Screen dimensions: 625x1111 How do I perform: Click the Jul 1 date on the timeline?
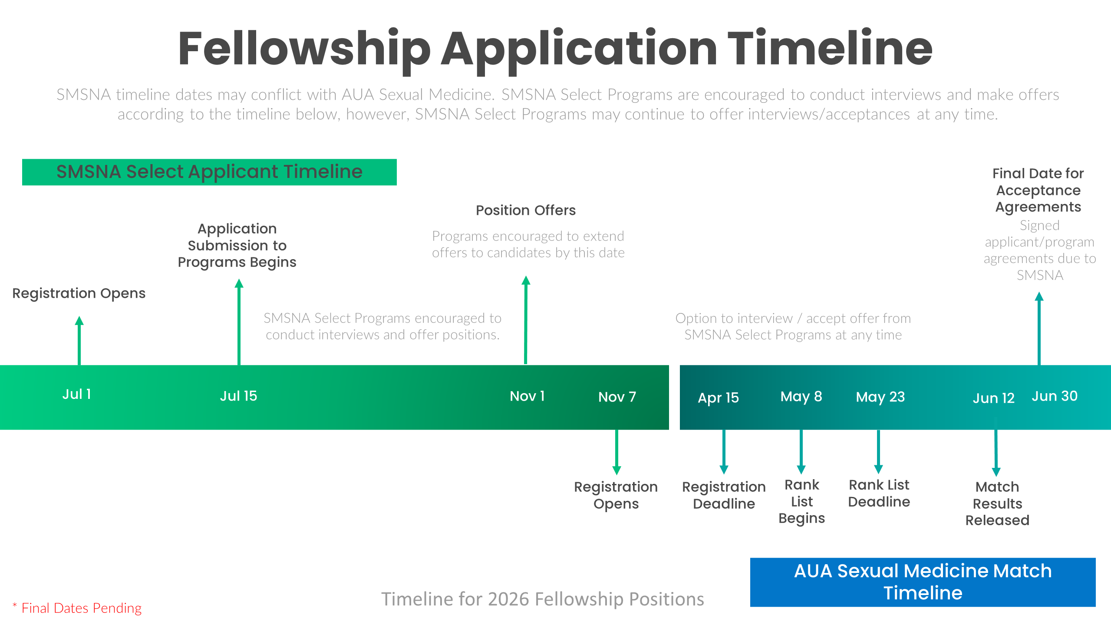pos(77,394)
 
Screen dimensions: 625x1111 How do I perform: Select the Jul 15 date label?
pos(238,396)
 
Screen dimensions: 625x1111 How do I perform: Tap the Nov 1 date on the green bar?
pos(527,396)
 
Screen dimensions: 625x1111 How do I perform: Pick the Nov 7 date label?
pos(617,397)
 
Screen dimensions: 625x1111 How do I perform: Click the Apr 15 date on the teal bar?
pos(718,398)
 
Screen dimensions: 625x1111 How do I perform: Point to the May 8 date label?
pos(801,396)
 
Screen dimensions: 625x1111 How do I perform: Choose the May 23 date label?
pos(880,397)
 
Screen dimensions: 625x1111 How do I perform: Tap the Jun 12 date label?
pos(993,398)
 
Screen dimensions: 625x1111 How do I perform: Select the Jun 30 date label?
pos(1055,396)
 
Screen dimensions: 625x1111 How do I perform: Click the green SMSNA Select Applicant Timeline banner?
pos(209,172)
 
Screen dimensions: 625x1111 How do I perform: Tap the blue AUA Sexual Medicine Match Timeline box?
pos(923,582)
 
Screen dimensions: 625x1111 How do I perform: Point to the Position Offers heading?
pos(525,210)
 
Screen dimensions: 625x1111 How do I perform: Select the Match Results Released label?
pos(997,503)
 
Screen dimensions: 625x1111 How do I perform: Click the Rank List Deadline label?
pos(879,493)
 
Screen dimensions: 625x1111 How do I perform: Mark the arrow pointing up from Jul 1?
pos(79,341)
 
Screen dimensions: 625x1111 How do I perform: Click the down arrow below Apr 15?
pos(724,451)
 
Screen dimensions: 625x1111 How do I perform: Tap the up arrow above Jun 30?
pos(1039,328)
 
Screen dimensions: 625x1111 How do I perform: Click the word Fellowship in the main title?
pos(304,49)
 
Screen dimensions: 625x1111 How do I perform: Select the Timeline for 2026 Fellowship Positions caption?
pos(543,599)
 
